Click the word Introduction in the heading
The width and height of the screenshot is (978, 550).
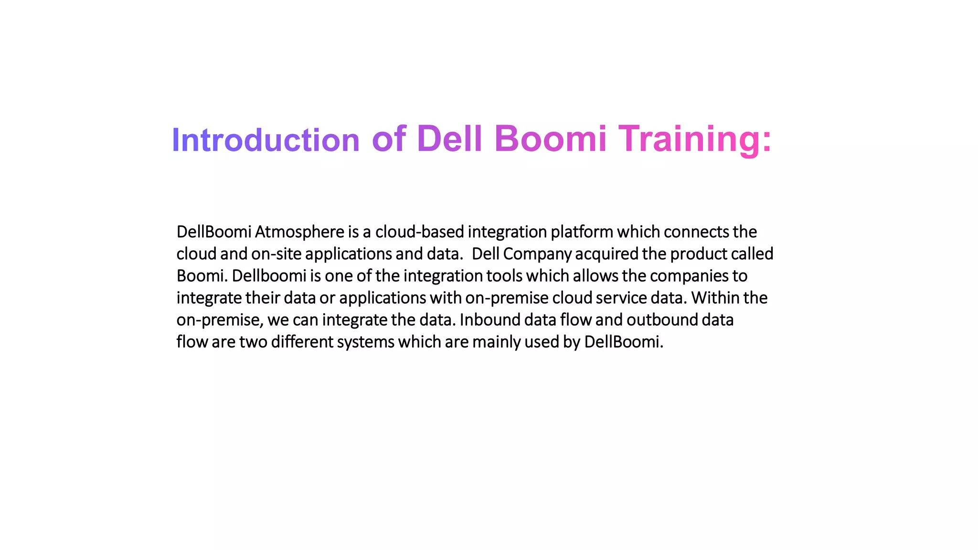click(265, 140)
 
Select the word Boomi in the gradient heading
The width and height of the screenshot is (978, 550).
click(550, 139)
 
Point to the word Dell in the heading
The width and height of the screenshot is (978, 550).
click(449, 139)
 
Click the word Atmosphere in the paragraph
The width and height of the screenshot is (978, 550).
click(299, 232)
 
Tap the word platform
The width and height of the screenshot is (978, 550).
click(582, 232)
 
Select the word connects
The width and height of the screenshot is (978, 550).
click(696, 232)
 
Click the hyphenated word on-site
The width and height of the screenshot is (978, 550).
click(276, 254)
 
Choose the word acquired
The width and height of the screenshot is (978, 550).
click(606, 254)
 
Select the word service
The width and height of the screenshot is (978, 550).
click(621, 298)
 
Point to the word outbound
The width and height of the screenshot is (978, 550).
click(662, 320)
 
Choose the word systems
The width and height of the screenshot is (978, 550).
click(365, 342)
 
